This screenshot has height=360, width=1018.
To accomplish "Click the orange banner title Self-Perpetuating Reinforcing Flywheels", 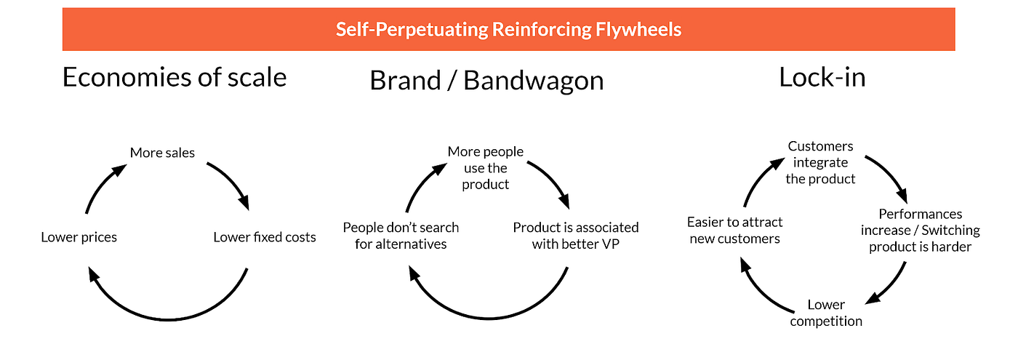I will [x=508, y=30].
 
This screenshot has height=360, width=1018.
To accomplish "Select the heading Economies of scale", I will [x=175, y=76].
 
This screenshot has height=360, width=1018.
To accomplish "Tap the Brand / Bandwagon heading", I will [x=486, y=80].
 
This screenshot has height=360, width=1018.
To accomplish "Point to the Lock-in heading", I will [x=822, y=76].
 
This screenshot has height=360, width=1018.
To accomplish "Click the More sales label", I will [x=163, y=153].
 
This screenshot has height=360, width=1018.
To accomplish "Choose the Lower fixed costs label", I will [x=265, y=237].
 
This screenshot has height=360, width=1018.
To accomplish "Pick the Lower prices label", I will [x=79, y=237].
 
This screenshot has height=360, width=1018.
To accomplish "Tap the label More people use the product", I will [x=486, y=168].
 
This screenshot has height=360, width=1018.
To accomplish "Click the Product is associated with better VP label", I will [x=576, y=236].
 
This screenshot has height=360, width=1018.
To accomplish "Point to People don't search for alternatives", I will [x=401, y=236].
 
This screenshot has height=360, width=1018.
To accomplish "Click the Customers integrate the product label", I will [x=821, y=162].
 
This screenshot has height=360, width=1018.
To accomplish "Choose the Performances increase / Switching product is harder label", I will [x=921, y=231].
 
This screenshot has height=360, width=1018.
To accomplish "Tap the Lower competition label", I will [x=826, y=313].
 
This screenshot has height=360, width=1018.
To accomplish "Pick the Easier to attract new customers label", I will [x=734, y=231].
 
